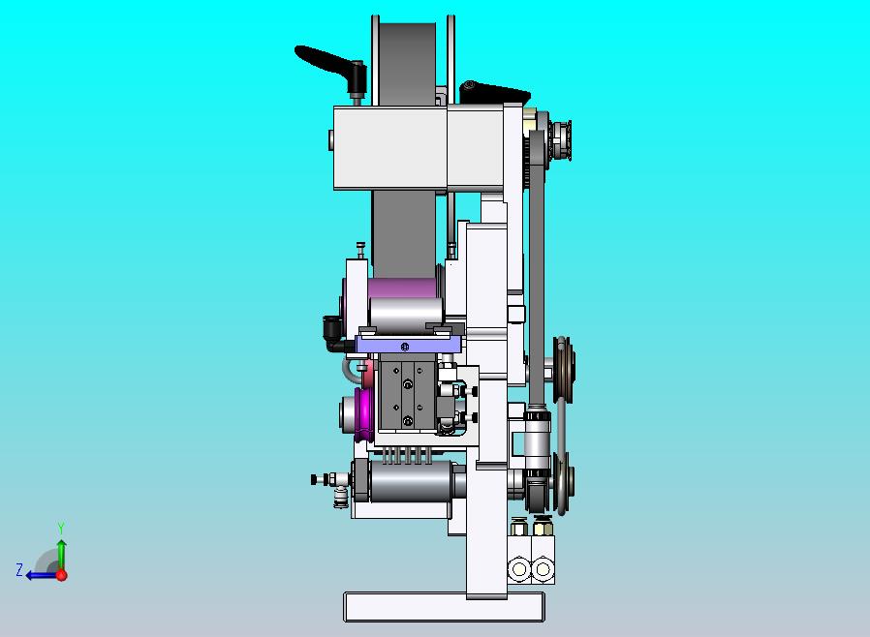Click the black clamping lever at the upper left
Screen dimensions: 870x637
[x=327, y=62]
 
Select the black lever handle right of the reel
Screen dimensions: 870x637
[x=494, y=92]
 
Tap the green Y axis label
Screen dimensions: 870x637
[x=61, y=528]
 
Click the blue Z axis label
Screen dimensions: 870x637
[x=19, y=570]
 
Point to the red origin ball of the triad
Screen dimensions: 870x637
[x=62, y=575]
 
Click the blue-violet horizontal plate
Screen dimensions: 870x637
[x=409, y=346]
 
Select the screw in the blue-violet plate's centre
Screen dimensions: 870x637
[x=405, y=347]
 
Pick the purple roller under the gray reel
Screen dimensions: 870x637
[x=402, y=288]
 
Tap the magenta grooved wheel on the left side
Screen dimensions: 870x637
[x=364, y=414]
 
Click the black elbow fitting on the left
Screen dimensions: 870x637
[x=332, y=333]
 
